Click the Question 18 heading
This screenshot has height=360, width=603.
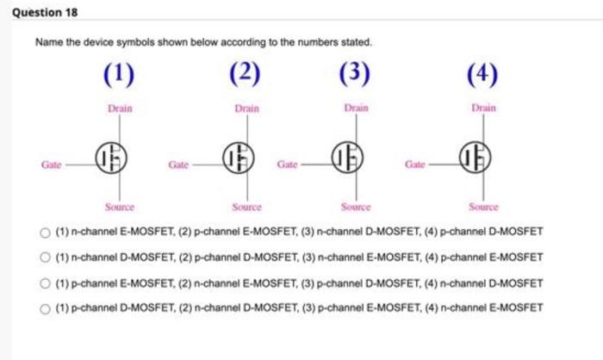tap(45, 12)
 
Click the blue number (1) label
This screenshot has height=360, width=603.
tap(119, 74)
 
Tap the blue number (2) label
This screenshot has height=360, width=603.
tap(245, 73)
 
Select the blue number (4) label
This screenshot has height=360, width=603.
tap(482, 74)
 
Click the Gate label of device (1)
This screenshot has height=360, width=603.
tap(52, 164)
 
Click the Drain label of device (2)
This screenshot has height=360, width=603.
tap(247, 109)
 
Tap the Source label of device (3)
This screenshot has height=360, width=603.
tap(356, 207)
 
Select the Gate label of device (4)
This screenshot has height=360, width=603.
tap(415, 164)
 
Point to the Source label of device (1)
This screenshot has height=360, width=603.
tap(120, 207)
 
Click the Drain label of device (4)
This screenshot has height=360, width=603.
tap(484, 108)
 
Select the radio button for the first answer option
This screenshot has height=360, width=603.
tap(45, 233)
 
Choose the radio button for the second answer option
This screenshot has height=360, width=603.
tap(45, 258)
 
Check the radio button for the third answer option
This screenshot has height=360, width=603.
tap(45, 283)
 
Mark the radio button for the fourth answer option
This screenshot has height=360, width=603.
tap(45, 309)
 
